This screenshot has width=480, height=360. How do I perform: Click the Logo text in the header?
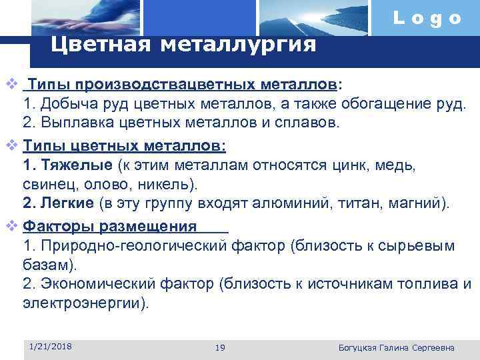(427, 19)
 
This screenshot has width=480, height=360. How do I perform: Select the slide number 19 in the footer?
(221, 348)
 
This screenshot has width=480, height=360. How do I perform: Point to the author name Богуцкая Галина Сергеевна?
(397, 348)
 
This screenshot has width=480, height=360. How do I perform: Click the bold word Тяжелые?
(75, 165)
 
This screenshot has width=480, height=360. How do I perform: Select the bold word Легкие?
(69, 203)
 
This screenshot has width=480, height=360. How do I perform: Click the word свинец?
(46, 183)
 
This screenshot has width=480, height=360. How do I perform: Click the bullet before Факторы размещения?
(9, 227)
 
